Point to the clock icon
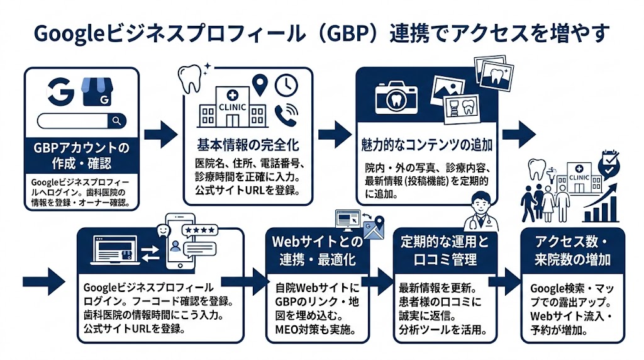tap(286, 84)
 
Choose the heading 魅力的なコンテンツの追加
tap(427, 145)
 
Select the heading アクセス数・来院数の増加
tap(573, 250)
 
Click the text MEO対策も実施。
tap(316, 329)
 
